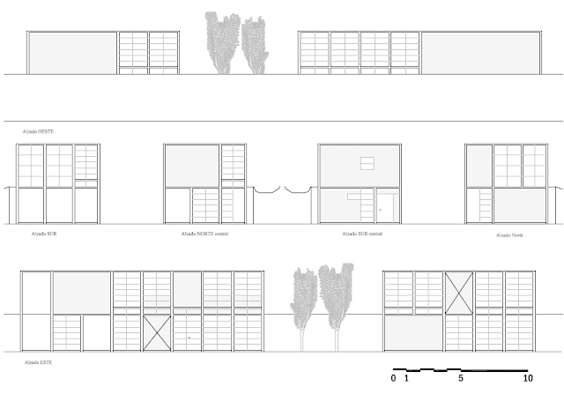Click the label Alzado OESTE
(x=38, y=130)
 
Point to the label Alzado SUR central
(x=361, y=234)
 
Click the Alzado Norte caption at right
(x=509, y=235)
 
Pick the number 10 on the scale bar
(x=528, y=378)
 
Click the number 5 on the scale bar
(x=461, y=378)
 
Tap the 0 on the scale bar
(x=394, y=378)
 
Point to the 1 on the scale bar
(x=406, y=378)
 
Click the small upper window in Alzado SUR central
(x=367, y=163)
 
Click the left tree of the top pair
(x=221, y=42)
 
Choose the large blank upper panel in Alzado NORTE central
(x=191, y=165)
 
